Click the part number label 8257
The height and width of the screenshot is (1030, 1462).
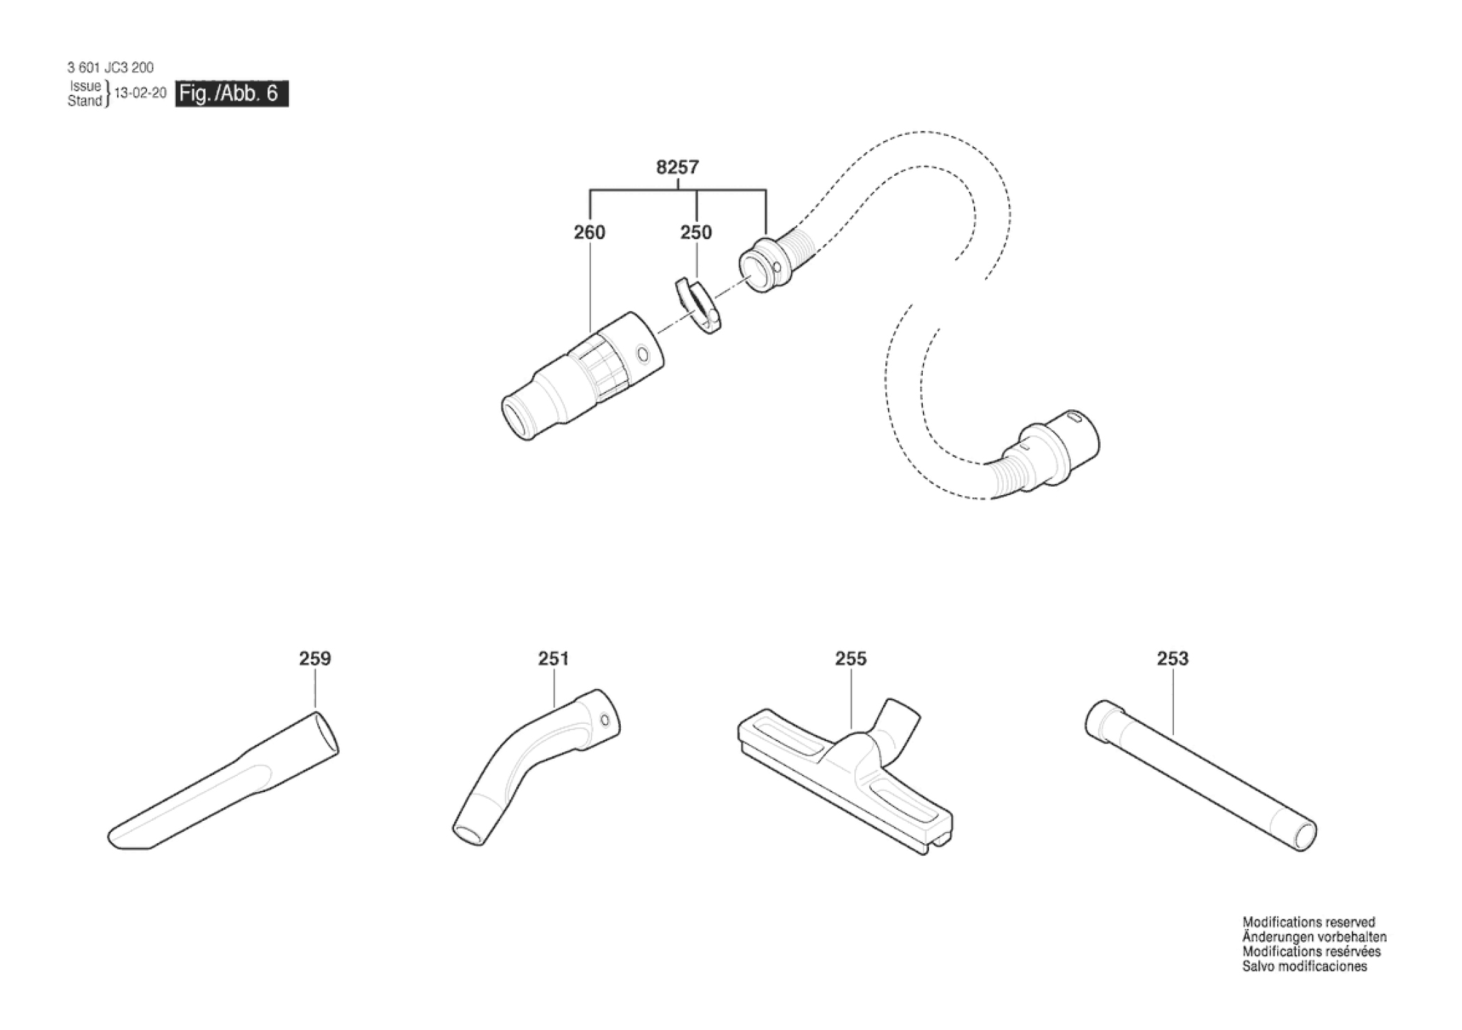pyautogui.click(x=677, y=167)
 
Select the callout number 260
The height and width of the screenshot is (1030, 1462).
pyautogui.click(x=589, y=232)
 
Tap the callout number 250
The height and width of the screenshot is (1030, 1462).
pyautogui.click(x=696, y=232)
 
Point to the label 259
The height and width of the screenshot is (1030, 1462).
pyautogui.click(x=315, y=658)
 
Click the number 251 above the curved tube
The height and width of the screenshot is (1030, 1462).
pyautogui.click(x=554, y=658)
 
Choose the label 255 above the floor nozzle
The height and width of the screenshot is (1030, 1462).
pyautogui.click(x=851, y=658)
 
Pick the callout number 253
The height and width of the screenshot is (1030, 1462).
pyautogui.click(x=1173, y=658)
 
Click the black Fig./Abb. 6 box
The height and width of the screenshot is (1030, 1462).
pyautogui.click(x=232, y=93)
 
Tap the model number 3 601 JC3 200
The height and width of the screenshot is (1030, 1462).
pyautogui.click(x=110, y=68)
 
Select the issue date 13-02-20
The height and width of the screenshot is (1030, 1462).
pyautogui.click(x=140, y=93)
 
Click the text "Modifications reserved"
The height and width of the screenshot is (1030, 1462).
pyautogui.click(x=1309, y=922)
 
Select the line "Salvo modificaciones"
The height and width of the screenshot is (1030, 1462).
pyautogui.click(x=1304, y=967)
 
